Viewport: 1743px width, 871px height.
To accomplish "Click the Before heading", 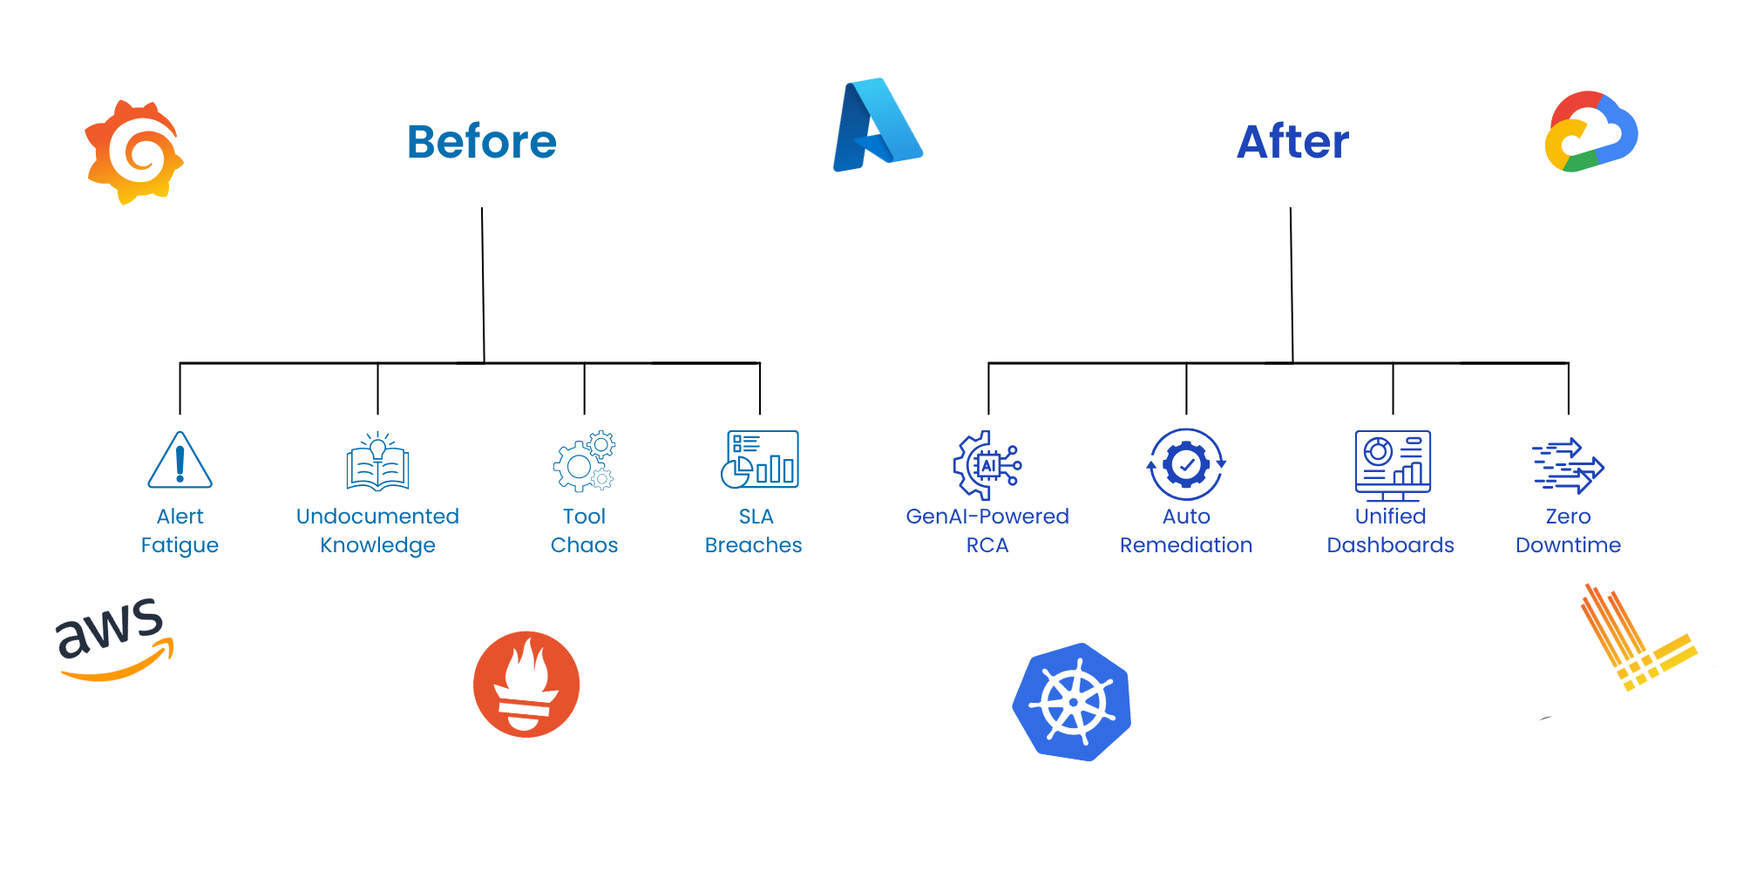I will point(481,142).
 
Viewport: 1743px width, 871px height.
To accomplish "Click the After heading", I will point(1292,142).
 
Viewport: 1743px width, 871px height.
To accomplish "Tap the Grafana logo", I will point(134,152).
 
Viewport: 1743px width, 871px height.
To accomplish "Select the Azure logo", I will point(877,125).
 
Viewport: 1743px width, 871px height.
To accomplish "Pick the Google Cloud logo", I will point(1590,132).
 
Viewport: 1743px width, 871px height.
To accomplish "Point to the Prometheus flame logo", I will point(526,685).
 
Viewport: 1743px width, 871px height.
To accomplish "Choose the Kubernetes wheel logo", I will point(1073,702).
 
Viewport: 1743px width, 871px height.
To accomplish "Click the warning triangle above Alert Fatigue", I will point(180,462).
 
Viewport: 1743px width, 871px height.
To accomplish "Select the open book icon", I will point(377,463).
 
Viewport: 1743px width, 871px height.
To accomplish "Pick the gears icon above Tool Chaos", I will point(584,461).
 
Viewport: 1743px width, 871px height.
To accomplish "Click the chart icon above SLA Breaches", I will point(759,459).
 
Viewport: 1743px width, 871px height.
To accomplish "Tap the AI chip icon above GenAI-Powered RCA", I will point(987,464).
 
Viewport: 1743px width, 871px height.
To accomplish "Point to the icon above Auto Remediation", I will point(1186,464).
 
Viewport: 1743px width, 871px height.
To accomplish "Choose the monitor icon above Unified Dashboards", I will point(1392,464).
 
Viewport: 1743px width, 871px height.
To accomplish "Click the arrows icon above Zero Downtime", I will point(1568,465).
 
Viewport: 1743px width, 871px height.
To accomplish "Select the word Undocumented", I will point(377,517).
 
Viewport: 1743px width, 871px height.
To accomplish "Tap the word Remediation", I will point(1186,545).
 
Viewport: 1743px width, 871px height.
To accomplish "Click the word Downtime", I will point(1568,545).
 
